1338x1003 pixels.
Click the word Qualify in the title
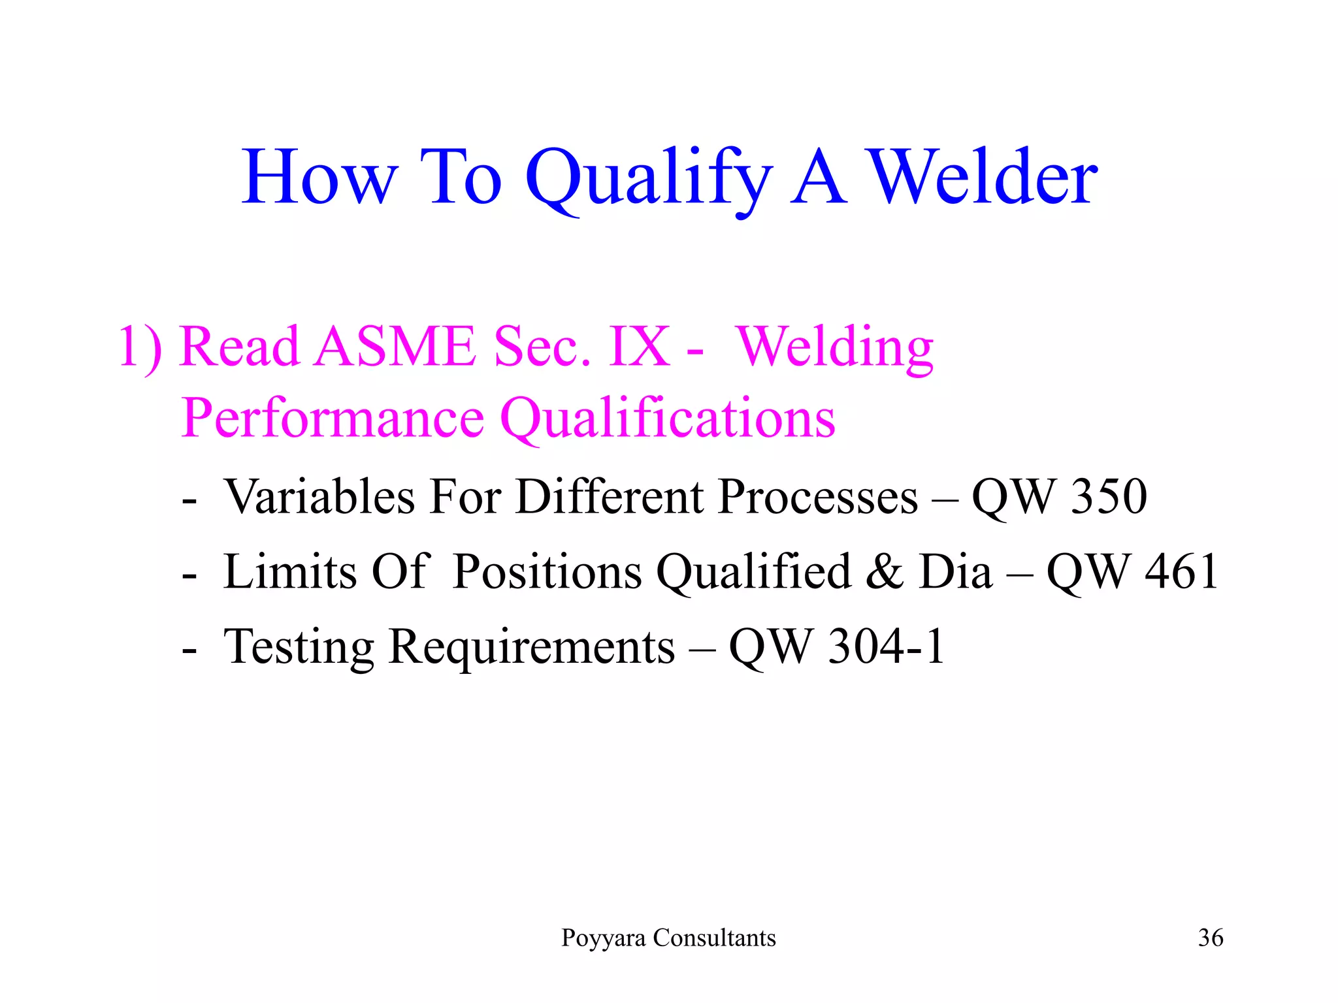pyautogui.click(x=648, y=179)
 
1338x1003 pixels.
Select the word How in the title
pyautogui.click(x=319, y=178)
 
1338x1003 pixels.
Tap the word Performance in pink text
pyautogui.click(x=333, y=417)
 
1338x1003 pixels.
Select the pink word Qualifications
pyautogui.click(x=668, y=419)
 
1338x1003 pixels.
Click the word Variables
pyautogui.click(x=319, y=497)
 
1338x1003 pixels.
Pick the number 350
pyautogui.click(x=1109, y=497)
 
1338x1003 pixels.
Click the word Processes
pyautogui.click(x=817, y=497)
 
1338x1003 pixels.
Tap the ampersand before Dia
pyautogui.click(x=884, y=572)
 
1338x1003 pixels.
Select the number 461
pyautogui.click(x=1182, y=572)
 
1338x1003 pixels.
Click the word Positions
pyautogui.click(x=547, y=572)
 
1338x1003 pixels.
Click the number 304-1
pyautogui.click(x=886, y=647)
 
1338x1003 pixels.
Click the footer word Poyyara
pyautogui.click(x=604, y=938)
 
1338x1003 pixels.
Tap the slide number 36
pyautogui.click(x=1210, y=938)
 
